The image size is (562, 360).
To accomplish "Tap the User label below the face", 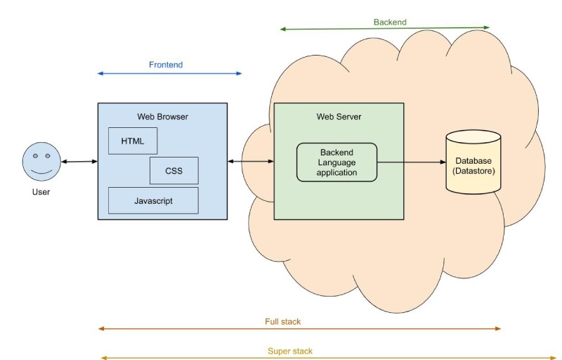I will [x=41, y=191].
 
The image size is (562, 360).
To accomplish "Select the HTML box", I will [x=132, y=141].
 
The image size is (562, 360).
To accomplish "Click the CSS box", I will [x=174, y=170].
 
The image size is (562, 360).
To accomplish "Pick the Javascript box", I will [x=153, y=200].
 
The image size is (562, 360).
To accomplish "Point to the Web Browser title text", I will [x=162, y=116].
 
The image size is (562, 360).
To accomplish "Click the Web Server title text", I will [x=339, y=116].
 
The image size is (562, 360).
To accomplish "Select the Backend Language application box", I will [x=336, y=162].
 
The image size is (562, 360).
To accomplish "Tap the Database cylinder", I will [x=473, y=162].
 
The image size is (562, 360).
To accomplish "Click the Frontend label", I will [x=166, y=65].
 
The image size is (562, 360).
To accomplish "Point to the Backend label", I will [x=390, y=22].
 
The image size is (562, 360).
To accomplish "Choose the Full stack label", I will [x=282, y=321].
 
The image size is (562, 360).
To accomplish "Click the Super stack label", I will [x=290, y=351].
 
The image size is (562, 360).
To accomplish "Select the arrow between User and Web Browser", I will [x=79, y=162].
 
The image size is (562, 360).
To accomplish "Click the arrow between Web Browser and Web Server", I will [x=251, y=162].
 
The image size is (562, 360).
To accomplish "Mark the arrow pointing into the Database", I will [x=412, y=162].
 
